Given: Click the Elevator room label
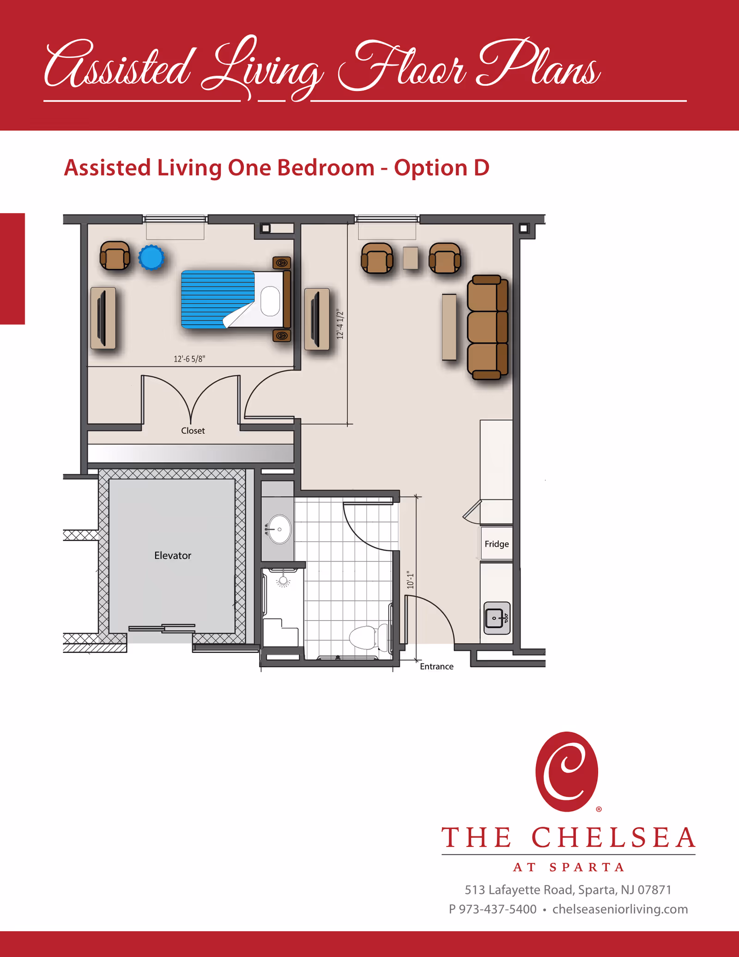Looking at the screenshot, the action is pos(173,555).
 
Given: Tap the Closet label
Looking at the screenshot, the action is pos(193,431).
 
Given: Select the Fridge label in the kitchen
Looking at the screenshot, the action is pos(497,544).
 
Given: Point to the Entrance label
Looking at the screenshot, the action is pos(436,666).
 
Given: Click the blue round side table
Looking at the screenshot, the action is pos(151,257).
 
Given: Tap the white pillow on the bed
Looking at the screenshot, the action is pos(270,301).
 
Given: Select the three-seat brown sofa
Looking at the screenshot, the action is pos(488,327).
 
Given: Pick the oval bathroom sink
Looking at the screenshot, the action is pos(279,529).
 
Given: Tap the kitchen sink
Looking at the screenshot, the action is pos(497,618).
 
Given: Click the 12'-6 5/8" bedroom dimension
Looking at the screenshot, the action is pos(189,359).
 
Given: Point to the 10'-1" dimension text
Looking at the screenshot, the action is pos(411,579).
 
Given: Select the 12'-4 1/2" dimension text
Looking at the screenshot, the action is pos(340,324).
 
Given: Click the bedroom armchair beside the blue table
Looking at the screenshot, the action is pos(115,256).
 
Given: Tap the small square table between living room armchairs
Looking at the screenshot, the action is pos(410,258).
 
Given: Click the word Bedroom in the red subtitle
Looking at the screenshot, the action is pos(326,167).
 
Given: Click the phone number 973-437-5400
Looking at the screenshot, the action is pos(498,909).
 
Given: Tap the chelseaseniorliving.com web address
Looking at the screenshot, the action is pos(620,909).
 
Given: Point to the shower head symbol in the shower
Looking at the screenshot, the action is pos(283,581).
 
